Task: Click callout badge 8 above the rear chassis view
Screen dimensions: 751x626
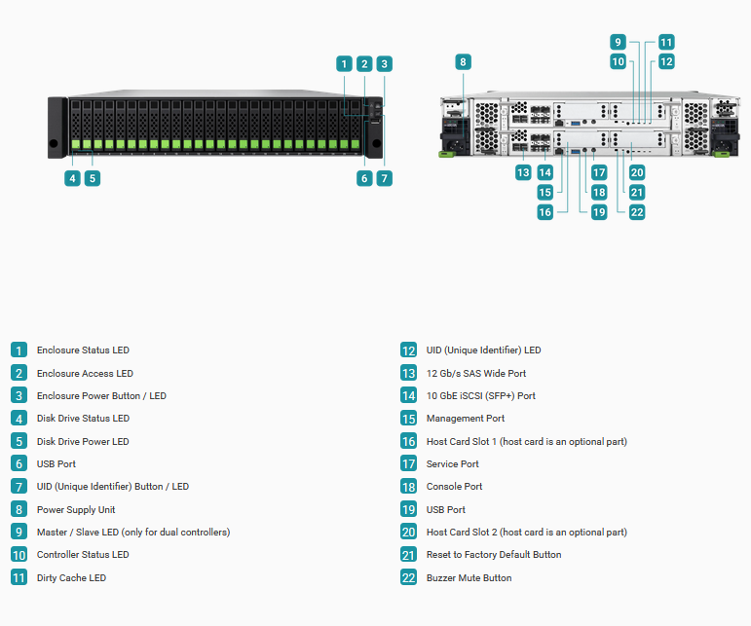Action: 463,61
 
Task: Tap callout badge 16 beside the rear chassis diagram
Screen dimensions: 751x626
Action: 545,212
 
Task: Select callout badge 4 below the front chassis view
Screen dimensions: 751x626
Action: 72,178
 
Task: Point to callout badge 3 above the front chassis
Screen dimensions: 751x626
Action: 384,63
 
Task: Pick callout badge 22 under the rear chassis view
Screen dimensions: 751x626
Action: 636,212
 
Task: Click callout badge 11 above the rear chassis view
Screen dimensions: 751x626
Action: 666,42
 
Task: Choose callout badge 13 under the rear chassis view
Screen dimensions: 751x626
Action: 523,172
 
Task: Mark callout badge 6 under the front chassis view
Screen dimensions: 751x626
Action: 364,178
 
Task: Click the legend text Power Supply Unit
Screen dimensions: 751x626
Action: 76,510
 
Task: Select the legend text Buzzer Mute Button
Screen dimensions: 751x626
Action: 469,577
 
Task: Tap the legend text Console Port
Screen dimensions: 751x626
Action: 454,486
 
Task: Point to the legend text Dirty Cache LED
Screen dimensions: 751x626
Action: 71,577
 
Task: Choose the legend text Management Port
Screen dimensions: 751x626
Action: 465,419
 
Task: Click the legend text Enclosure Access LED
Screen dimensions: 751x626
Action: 85,373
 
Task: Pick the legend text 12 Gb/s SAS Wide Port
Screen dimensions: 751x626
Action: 476,373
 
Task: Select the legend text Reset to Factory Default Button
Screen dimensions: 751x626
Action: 494,554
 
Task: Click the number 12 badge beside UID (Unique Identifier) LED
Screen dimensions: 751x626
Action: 408,350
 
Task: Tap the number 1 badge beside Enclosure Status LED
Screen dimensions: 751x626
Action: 19,350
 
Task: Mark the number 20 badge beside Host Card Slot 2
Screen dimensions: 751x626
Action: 408,533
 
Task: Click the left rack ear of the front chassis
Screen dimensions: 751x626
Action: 57,128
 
